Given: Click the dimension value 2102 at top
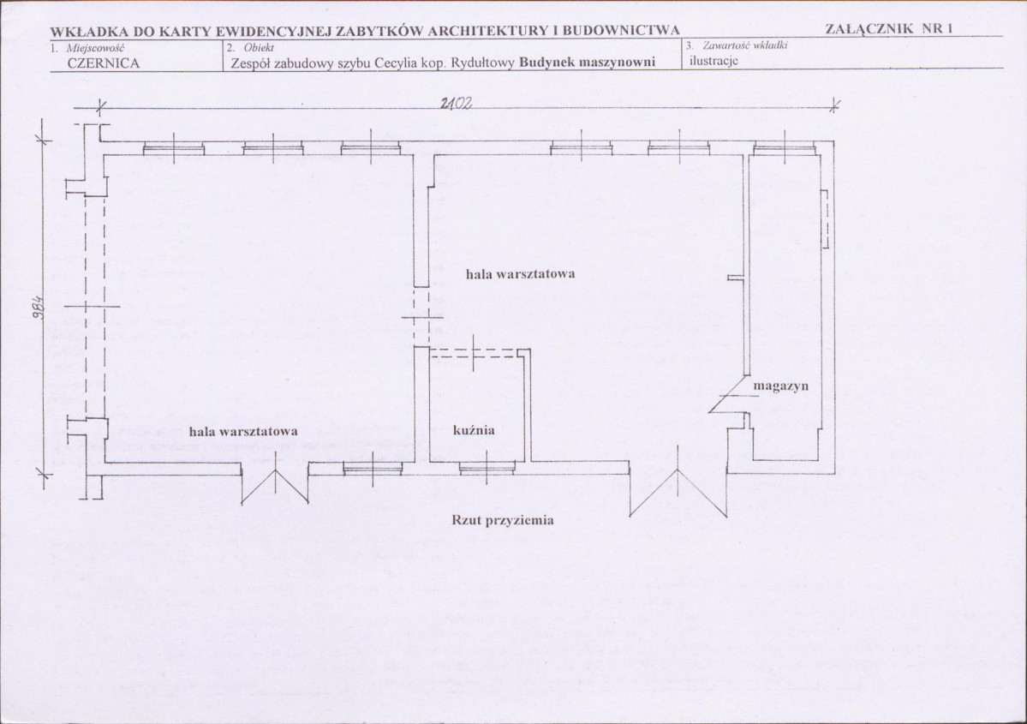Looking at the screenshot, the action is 457,103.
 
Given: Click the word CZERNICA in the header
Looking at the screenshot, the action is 104,63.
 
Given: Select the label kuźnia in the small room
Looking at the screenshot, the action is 474,430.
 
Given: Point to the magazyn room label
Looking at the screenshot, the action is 780,386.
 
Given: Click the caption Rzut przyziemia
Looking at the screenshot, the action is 503,520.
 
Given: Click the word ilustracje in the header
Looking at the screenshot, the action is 714,61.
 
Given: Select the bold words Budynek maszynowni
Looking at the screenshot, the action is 587,63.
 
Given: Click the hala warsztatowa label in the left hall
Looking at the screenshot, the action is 243,431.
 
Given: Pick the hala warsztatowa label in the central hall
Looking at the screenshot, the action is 520,274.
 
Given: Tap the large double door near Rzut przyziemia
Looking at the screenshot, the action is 678,485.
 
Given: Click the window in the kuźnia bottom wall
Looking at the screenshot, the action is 487,467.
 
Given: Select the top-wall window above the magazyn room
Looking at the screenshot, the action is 785,148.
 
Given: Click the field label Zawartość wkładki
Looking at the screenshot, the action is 744,46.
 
